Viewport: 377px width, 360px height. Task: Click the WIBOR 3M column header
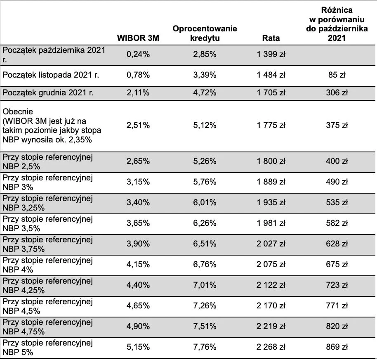coord(138,38)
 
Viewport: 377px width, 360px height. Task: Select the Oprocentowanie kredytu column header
coord(205,33)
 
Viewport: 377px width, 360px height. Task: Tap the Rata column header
coord(271,38)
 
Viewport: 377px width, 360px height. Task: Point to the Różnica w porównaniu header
coord(337,24)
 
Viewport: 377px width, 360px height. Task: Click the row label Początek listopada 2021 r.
coord(51,75)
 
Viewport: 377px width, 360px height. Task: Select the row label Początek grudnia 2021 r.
coord(48,92)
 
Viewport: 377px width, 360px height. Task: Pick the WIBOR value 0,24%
coord(138,54)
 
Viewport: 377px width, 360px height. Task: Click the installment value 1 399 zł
coord(271,54)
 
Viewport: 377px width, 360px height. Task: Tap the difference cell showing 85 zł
coord(337,75)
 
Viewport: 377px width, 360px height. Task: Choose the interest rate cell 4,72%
coord(205,92)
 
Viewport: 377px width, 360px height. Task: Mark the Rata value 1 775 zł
coord(271,125)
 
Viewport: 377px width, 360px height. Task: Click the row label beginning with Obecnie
coord(52,126)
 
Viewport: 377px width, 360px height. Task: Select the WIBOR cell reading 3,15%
coord(138,182)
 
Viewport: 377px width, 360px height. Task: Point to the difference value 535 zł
coord(337,202)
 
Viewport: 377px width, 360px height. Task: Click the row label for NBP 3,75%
coord(47,244)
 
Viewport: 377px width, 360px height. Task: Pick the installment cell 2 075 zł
coord(271,264)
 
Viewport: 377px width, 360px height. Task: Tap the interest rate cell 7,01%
coord(205,285)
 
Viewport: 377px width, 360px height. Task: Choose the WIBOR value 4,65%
coord(138,306)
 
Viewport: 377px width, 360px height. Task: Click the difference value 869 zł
coord(337,347)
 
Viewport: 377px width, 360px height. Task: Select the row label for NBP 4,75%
coord(47,327)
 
